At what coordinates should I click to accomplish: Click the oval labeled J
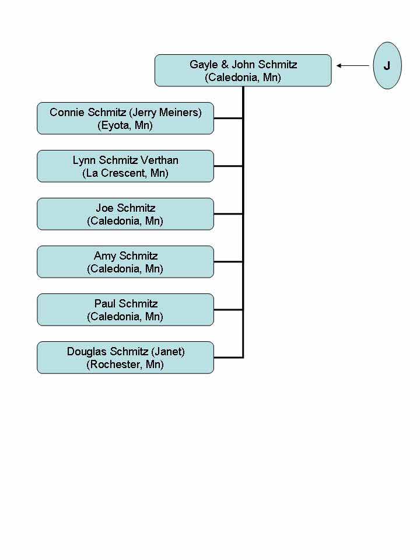[x=387, y=65]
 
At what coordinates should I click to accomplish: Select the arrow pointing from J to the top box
[x=353, y=65]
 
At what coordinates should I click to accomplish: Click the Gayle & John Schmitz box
[x=243, y=71]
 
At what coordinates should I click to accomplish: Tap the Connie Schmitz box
[x=125, y=118]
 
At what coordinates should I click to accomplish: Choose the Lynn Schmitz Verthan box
[x=125, y=166]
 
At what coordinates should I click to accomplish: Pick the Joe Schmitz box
[x=125, y=214]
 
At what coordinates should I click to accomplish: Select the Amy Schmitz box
[x=125, y=262]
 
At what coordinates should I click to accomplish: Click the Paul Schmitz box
[x=125, y=310]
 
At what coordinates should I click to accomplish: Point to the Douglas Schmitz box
[x=125, y=358]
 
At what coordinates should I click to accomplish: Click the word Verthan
[x=159, y=160]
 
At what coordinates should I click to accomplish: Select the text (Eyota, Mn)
[x=125, y=125]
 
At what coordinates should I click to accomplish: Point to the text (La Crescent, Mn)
[x=125, y=173]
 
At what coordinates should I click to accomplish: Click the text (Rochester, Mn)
[x=125, y=365]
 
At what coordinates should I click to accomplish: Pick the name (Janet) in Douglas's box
[x=168, y=352]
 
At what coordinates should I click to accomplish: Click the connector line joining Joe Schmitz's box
[x=229, y=214]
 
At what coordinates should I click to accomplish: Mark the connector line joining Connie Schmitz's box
[x=229, y=118]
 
